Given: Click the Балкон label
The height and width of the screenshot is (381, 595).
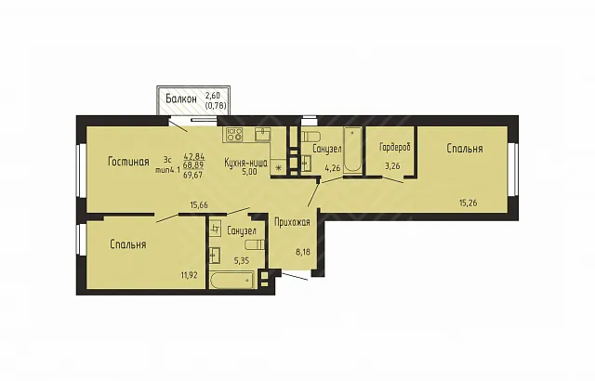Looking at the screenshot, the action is click(181, 99).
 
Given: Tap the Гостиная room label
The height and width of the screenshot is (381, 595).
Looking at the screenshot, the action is click(128, 162).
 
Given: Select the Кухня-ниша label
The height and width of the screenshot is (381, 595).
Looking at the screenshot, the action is click(245, 163).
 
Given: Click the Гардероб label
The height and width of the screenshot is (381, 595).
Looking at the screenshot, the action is click(395, 148).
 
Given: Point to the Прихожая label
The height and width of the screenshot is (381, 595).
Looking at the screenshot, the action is click(292, 222).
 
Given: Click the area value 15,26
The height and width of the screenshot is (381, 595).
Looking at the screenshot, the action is click(469, 203).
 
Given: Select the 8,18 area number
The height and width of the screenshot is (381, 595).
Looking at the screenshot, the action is click(303, 251).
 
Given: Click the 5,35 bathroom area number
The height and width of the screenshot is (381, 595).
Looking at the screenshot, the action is click(241, 260).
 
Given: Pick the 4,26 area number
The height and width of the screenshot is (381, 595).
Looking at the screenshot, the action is click(333, 167).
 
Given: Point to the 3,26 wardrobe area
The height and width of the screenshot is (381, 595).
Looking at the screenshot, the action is click(392, 165).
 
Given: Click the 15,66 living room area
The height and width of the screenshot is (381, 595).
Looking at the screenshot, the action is click(199, 205).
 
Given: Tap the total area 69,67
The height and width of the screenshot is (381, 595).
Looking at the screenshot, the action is click(193, 175).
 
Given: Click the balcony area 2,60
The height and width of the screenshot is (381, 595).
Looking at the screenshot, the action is click(213, 96).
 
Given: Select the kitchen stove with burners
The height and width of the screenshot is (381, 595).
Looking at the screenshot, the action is click(234, 134).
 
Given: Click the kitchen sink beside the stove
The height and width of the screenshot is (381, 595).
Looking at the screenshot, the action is click(262, 134).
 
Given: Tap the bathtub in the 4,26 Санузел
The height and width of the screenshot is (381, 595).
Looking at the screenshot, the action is click(353, 151).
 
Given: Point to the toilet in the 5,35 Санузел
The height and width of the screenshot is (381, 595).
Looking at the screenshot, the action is click(254, 244).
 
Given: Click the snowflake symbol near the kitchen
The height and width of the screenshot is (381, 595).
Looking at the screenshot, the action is click(278, 168).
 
